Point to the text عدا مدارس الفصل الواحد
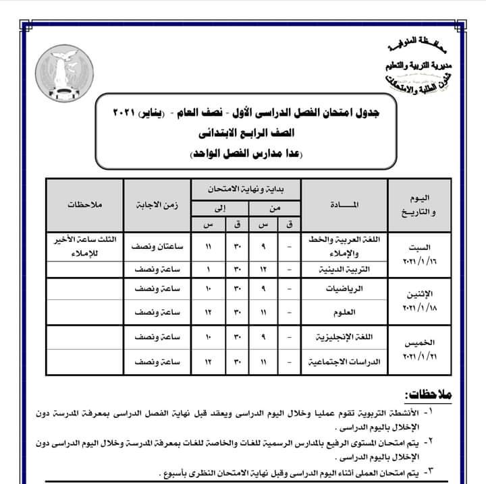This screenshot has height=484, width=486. (x=244, y=154)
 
